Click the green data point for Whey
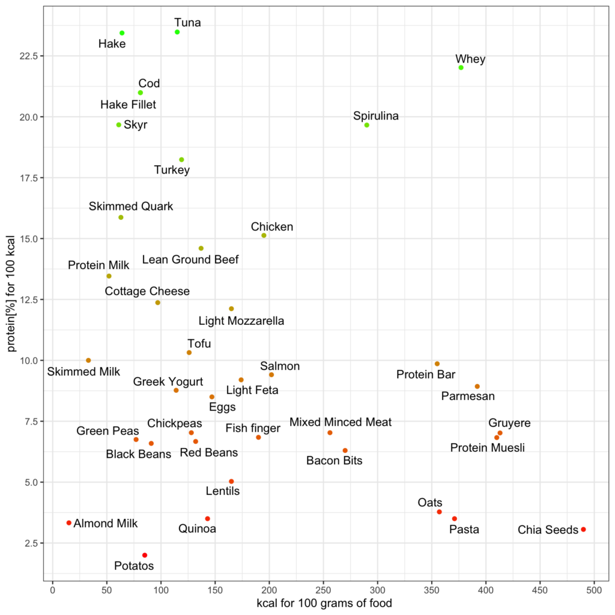(x=461, y=68)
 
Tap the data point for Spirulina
(x=366, y=125)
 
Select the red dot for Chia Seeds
(x=583, y=530)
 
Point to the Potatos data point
(x=145, y=556)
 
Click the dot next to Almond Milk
(x=69, y=523)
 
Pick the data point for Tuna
(x=177, y=32)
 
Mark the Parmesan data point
(x=477, y=387)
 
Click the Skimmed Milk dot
(x=88, y=360)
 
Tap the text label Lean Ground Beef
(x=190, y=260)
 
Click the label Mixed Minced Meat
(x=341, y=422)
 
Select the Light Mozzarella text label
(x=241, y=321)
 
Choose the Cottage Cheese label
(x=147, y=291)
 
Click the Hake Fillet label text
(x=128, y=105)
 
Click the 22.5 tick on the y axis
(x=30, y=56)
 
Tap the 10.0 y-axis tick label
(x=30, y=360)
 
